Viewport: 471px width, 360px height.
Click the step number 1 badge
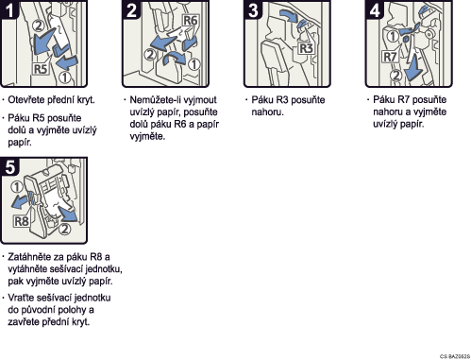click(10, 9)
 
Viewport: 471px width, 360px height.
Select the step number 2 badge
click(131, 9)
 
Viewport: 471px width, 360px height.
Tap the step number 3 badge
click(253, 9)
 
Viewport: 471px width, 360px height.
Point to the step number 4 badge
click(375, 9)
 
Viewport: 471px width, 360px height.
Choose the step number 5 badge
click(10, 166)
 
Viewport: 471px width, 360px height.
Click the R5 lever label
click(40, 69)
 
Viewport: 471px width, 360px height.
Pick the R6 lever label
click(190, 21)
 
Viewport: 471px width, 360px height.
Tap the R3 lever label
click(306, 48)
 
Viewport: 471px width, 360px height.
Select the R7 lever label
click(390, 57)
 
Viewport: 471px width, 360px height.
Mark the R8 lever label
click(22, 221)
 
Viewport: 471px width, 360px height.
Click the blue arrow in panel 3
click(289, 15)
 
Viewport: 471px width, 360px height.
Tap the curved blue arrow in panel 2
click(175, 59)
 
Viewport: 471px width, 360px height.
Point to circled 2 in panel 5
click(65, 229)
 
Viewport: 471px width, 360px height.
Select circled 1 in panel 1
click(65, 77)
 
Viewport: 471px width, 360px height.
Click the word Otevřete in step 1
click(26, 100)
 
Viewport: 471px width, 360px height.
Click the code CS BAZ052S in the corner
click(455, 356)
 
